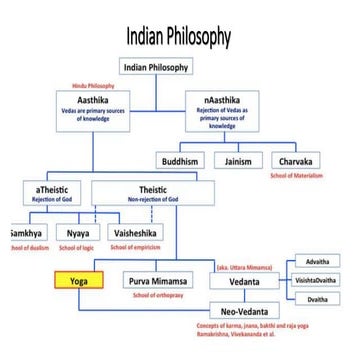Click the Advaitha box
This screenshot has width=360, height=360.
tap(324, 260)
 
